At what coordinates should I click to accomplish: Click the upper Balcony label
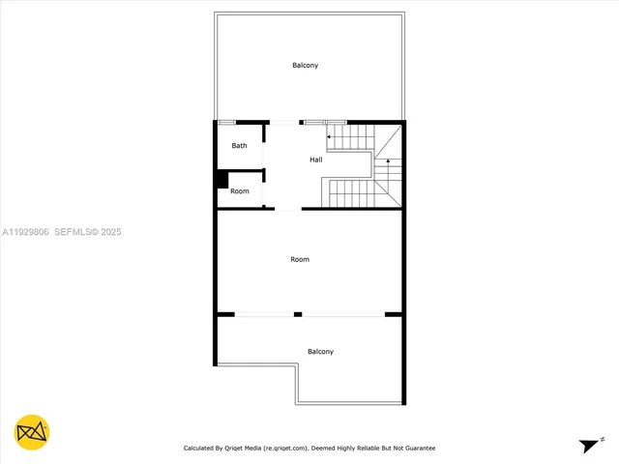306,66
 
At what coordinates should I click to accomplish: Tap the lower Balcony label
320,352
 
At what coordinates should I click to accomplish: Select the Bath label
239,146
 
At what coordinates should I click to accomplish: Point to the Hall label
316,159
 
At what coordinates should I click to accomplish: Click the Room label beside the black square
240,191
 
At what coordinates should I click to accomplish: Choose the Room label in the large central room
300,259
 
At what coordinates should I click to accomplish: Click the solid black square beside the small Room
221,179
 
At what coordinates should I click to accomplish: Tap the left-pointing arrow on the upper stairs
330,137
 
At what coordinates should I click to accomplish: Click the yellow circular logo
32,432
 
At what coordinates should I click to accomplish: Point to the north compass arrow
588,445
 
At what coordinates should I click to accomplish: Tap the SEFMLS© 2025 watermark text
87,232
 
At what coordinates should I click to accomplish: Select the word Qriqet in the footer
234,449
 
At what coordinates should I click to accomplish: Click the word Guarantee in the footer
419,449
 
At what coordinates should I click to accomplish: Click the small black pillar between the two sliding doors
298,314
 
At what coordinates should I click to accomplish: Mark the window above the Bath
226,122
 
